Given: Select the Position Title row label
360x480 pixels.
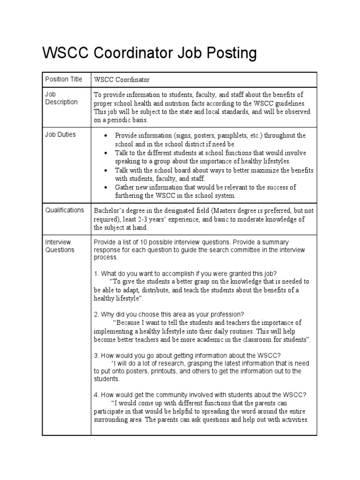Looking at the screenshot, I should point(63,79).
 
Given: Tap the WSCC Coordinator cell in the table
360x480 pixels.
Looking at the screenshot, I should point(122,80).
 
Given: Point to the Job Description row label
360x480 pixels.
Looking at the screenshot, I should point(61,98).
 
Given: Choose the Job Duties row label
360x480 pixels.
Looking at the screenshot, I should point(60,135).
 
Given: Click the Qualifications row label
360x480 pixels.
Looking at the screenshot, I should point(64,210).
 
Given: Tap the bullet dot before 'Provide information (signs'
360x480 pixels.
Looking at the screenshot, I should point(107,135).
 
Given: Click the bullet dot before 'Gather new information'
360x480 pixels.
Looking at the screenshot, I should point(107,187).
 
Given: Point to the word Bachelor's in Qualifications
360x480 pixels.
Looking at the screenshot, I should point(110,210).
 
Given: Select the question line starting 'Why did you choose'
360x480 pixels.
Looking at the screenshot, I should point(172,314).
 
